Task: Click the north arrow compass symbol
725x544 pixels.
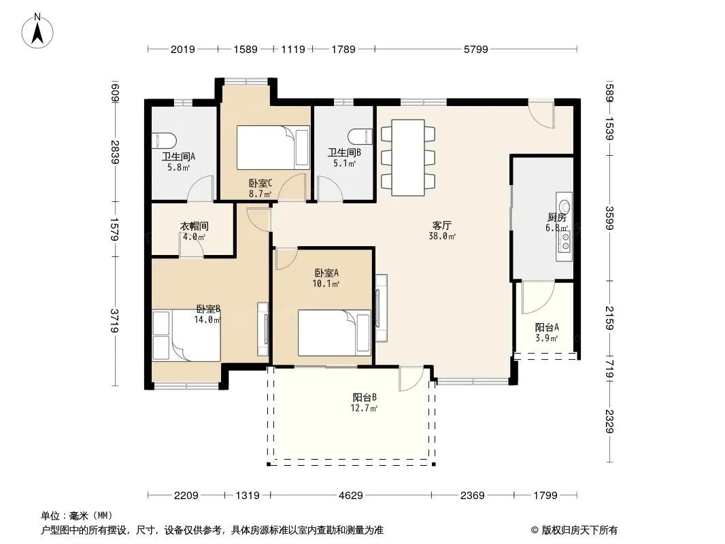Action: (37, 31)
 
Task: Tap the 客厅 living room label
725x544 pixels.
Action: (441, 225)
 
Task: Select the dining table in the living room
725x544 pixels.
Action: (408, 158)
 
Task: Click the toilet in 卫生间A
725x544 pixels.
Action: (164, 140)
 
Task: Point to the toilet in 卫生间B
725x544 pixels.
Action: (360, 136)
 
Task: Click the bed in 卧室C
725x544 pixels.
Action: (273, 148)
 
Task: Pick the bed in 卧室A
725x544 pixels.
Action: (335, 333)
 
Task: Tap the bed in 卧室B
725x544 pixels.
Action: (186, 336)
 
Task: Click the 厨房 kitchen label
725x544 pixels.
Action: (557, 217)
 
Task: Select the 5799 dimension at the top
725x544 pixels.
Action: (476, 49)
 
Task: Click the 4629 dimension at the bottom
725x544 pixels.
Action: (350, 496)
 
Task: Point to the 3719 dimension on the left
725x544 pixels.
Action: (115, 320)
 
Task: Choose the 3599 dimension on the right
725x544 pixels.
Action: (609, 218)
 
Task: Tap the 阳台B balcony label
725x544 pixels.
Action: (365, 397)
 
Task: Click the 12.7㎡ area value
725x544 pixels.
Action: (364, 408)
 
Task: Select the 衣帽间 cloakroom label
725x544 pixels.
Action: (195, 226)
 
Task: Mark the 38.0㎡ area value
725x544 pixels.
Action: (442, 236)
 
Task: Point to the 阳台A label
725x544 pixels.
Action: (547, 327)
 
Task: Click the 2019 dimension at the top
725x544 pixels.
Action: (183, 49)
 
